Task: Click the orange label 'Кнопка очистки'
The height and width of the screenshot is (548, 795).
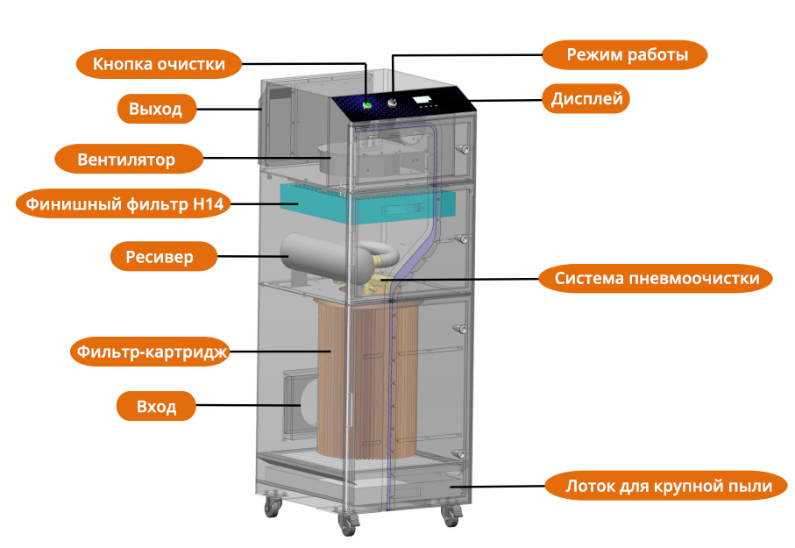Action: click(159, 64)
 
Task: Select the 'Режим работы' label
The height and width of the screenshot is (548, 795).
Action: click(626, 54)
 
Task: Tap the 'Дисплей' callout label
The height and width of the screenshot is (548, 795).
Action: click(586, 98)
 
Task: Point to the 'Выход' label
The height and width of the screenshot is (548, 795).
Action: click(155, 109)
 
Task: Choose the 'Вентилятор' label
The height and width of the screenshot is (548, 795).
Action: click(127, 160)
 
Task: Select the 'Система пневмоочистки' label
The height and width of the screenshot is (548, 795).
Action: click(663, 279)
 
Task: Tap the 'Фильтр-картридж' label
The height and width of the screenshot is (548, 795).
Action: click(149, 352)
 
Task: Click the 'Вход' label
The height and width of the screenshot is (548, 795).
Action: click(156, 407)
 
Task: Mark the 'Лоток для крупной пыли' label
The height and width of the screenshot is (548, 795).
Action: click(669, 486)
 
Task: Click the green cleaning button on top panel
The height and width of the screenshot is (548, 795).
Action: click(367, 105)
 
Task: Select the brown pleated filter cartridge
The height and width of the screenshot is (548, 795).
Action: click(351, 377)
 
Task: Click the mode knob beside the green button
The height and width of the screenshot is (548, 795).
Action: click(392, 103)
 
